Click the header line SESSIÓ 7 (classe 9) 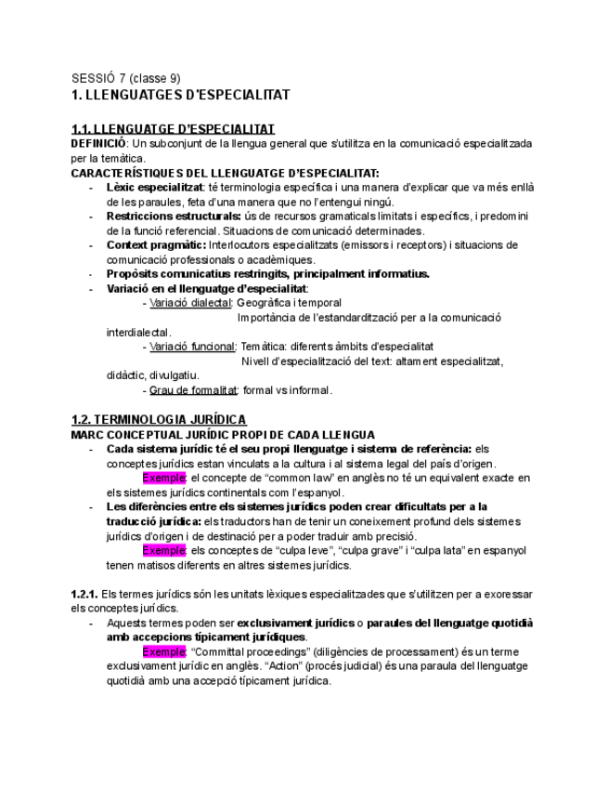125,78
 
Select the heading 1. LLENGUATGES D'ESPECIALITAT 181,95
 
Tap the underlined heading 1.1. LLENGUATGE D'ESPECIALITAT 173,129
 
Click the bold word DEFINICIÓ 98,144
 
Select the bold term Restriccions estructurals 174,217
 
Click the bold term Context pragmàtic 156,245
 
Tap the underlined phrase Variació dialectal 190,303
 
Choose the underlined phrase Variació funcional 192,347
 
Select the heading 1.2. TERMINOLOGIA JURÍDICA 159,420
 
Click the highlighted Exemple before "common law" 164,478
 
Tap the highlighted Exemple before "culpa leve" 164,550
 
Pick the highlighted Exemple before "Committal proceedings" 164,651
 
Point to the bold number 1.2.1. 84,593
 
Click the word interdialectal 138,332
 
